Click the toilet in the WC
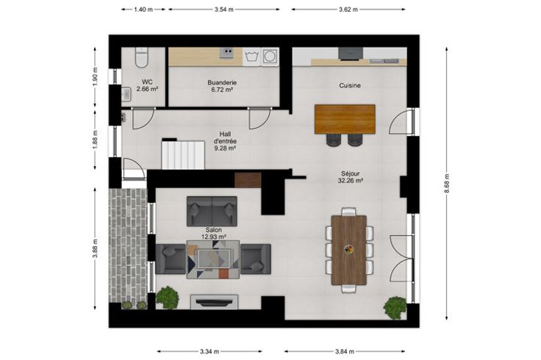[141, 57]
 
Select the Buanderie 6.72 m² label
[222, 86]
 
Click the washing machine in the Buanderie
[270, 57]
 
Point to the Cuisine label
[350, 85]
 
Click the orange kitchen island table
[345, 119]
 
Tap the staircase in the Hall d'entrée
[183, 154]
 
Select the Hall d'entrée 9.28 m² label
[225, 141]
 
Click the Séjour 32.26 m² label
[350, 177]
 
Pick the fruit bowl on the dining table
[349, 249]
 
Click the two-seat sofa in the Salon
[212, 211]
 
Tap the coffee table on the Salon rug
[214, 259]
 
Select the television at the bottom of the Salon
[214, 303]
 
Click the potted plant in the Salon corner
[168, 298]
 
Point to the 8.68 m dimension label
[447, 183]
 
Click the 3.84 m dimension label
[344, 352]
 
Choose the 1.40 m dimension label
[143, 10]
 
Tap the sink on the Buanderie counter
[226, 53]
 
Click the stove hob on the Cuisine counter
[351, 54]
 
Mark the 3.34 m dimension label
[209, 352]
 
